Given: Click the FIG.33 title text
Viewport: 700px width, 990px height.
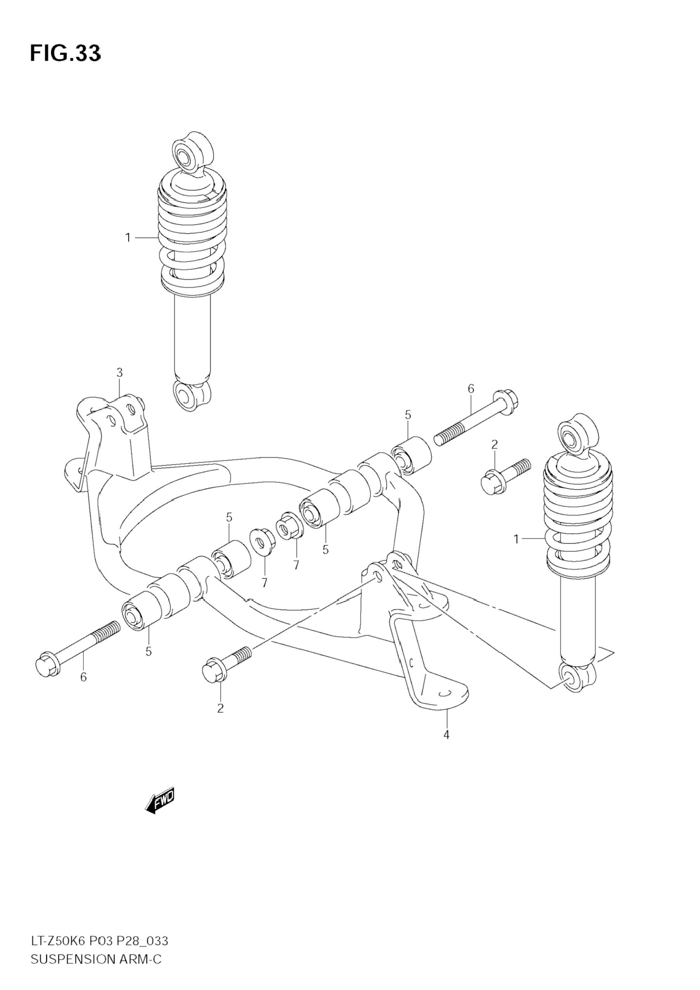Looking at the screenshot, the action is (x=65, y=54).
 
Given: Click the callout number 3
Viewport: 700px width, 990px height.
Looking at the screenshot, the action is (x=120, y=372).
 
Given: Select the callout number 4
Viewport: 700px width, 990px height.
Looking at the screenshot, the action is (x=446, y=735).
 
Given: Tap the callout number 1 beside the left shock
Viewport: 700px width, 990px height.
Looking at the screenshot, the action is (x=128, y=237).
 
